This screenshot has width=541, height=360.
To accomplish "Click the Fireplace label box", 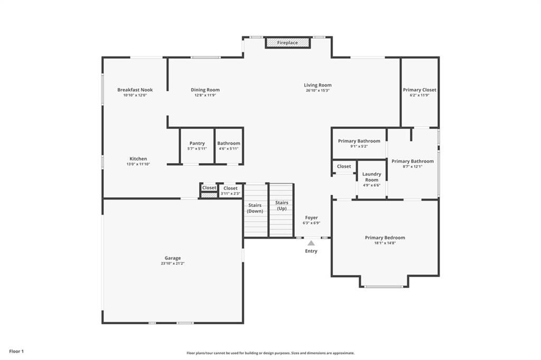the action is click(287, 43).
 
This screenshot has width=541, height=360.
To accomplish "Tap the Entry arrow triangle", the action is click(311, 243).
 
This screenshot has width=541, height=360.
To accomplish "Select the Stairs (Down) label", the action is click(255, 208).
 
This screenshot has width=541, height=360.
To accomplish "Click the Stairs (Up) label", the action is click(282, 205).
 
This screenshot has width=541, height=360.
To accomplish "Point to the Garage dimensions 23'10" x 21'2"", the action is click(173, 263).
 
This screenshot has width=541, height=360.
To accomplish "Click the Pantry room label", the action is click(197, 143).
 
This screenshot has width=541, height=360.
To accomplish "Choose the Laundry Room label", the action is click(371, 177).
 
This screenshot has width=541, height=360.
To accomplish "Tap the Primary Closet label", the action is click(419, 90).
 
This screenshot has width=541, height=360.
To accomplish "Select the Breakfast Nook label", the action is click(135, 90).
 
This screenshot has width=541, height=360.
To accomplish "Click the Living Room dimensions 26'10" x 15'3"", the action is click(318, 91).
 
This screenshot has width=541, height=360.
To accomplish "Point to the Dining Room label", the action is click(206, 90).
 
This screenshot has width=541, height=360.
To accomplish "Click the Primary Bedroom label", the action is click(385, 238).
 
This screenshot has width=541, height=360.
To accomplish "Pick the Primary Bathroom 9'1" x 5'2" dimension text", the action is click(359, 147).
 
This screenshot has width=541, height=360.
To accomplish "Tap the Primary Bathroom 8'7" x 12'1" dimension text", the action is click(413, 167).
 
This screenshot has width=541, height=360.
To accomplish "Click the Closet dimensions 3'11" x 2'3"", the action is click(230, 194).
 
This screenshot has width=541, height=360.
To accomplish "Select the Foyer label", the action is click(311, 217).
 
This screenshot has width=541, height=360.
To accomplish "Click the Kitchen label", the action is click(138, 158).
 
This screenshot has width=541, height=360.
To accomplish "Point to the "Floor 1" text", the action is click(16, 352).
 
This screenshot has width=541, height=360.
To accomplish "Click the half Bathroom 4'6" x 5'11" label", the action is click(229, 149).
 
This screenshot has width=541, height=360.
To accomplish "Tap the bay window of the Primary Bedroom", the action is click(384, 287).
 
